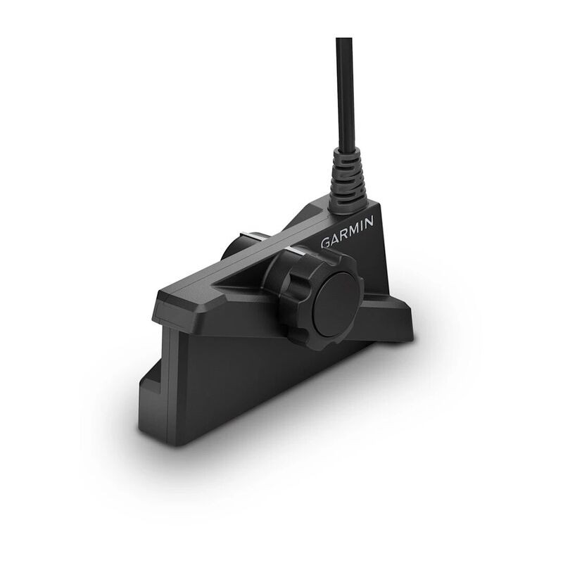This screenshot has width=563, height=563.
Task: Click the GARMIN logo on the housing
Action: [348, 232]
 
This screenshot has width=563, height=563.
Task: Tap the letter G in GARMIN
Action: [327, 242]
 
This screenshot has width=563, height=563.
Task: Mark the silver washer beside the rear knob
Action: [257, 236]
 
